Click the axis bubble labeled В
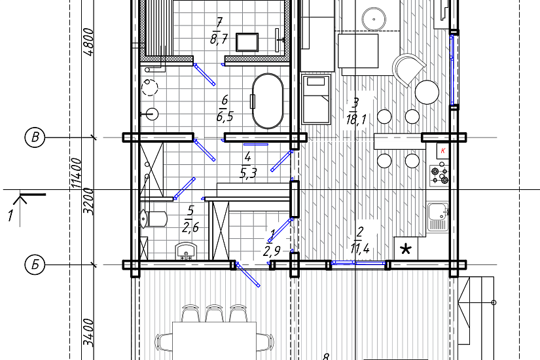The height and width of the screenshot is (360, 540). pyautogui.click(x=35, y=137)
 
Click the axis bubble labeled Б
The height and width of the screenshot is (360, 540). pyautogui.click(x=35, y=265)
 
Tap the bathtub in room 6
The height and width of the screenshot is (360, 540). pyautogui.click(x=268, y=100)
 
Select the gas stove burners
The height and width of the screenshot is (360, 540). pyautogui.click(x=440, y=175)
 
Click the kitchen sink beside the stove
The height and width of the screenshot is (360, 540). pyautogui.click(x=438, y=217)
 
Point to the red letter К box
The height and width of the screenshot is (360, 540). pyautogui.click(x=443, y=151)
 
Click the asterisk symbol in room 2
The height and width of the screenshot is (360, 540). pyautogui.click(x=406, y=248)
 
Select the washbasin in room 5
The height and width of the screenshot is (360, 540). pyautogui.click(x=187, y=251)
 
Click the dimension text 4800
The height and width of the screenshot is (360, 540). pyautogui.click(x=88, y=42)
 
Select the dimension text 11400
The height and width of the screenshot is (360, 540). pyautogui.click(x=77, y=173)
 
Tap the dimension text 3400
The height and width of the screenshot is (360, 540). pyautogui.click(x=88, y=333)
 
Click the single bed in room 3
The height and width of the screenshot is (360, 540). pyautogui.click(x=316, y=99)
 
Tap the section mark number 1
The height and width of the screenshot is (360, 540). pyautogui.click(x=10, y=216)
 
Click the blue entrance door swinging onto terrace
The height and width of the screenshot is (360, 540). pyautogui.click(x=247, y=274)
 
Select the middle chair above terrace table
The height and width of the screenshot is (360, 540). pyautogui.click(x=214, y=313)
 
